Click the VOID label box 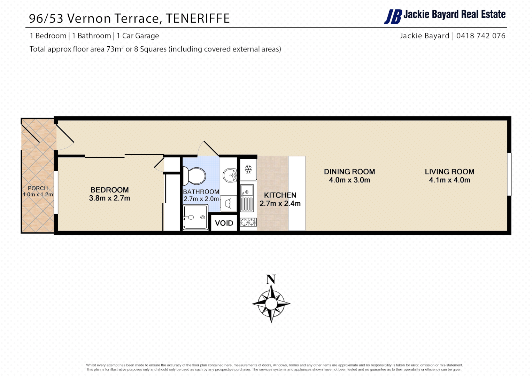coord(224,223)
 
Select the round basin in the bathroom coord(230,175)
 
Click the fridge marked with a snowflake coord(248,170)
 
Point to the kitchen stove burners coord(248,222)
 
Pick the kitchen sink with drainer coord(247,198)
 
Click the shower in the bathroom coord(195,217)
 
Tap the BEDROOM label coord(109,190)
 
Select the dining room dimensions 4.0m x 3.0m coord(349,180)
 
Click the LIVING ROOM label coord(449,172)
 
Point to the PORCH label coord(38,188)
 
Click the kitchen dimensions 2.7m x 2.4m coord(280,204)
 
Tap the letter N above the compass coord(271,279)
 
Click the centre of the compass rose coord(271,304)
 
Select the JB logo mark coord(393,16)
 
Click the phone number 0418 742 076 coord(481,36)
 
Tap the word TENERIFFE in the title coord(198,18)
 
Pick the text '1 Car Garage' coord(138,36)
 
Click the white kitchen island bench coord(297,193)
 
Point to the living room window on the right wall coord(509,174)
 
